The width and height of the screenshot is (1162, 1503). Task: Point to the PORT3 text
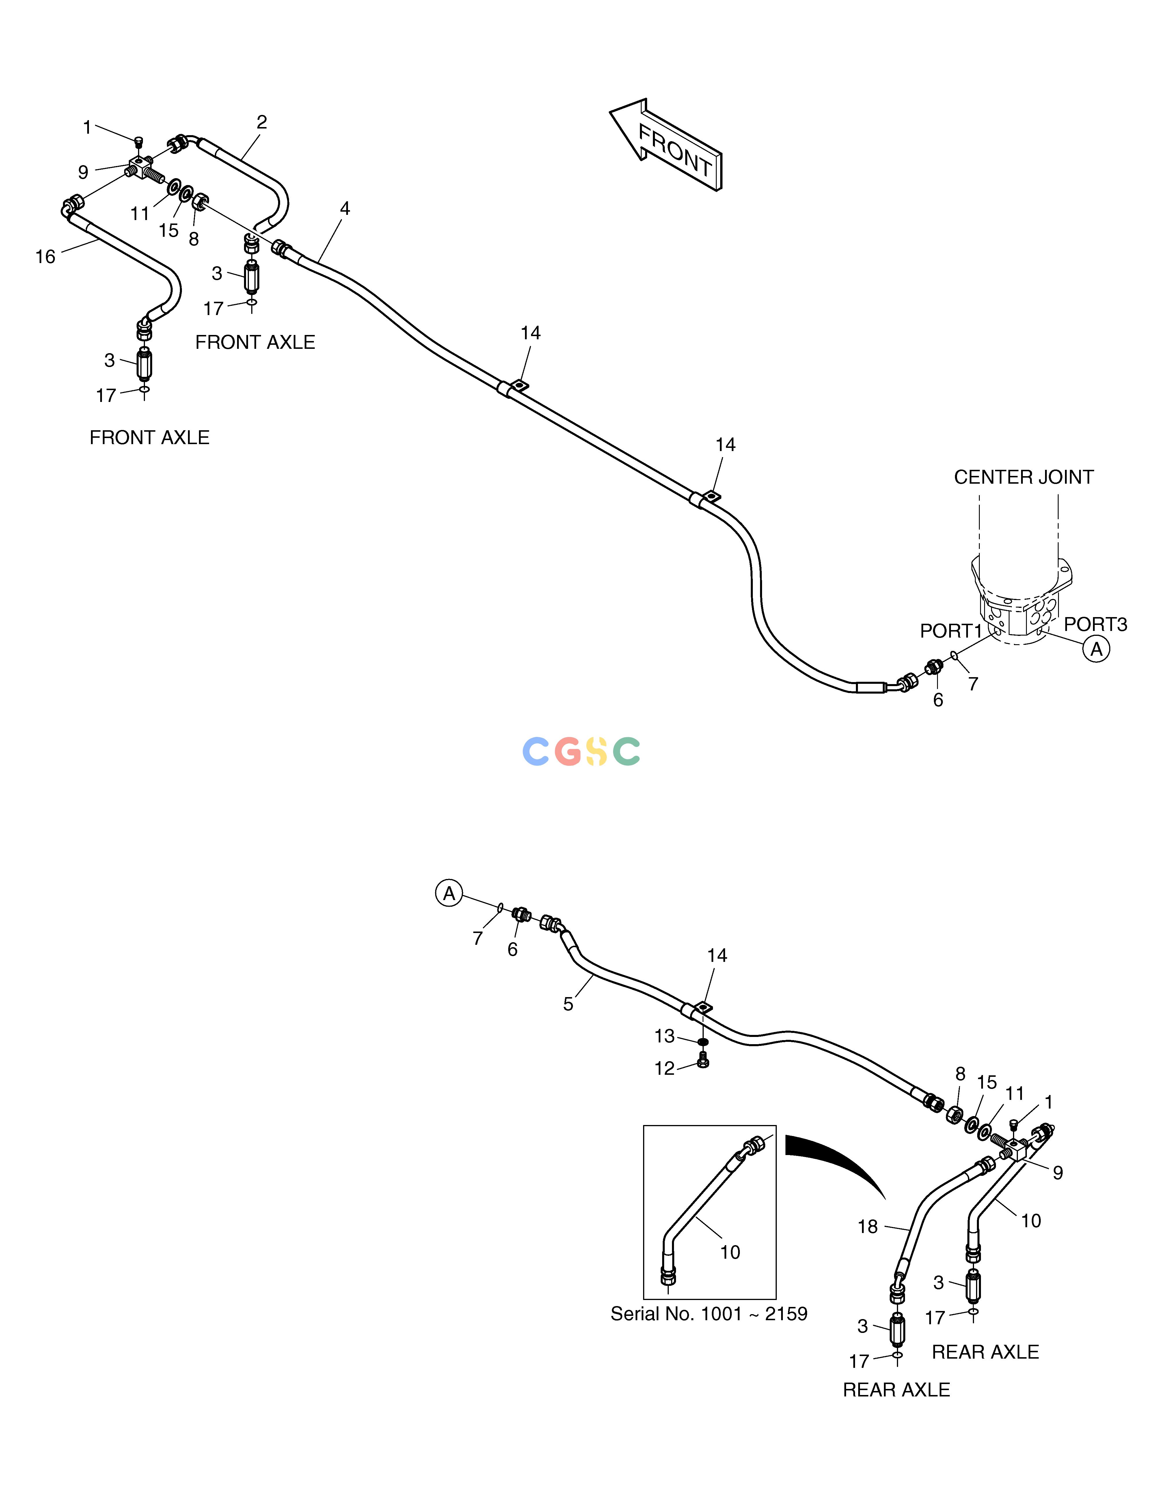coord(1095,624)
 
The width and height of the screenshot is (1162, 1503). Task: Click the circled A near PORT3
coord(1096,649)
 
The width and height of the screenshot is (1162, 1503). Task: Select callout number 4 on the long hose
coord(345,208)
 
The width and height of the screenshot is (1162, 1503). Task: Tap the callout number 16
coord(45,257)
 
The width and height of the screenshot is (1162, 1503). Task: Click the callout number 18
coord(867,1226)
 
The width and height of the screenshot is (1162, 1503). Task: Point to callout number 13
coord(664,1036)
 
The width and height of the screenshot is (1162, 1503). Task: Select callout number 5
coord(568,1004)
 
